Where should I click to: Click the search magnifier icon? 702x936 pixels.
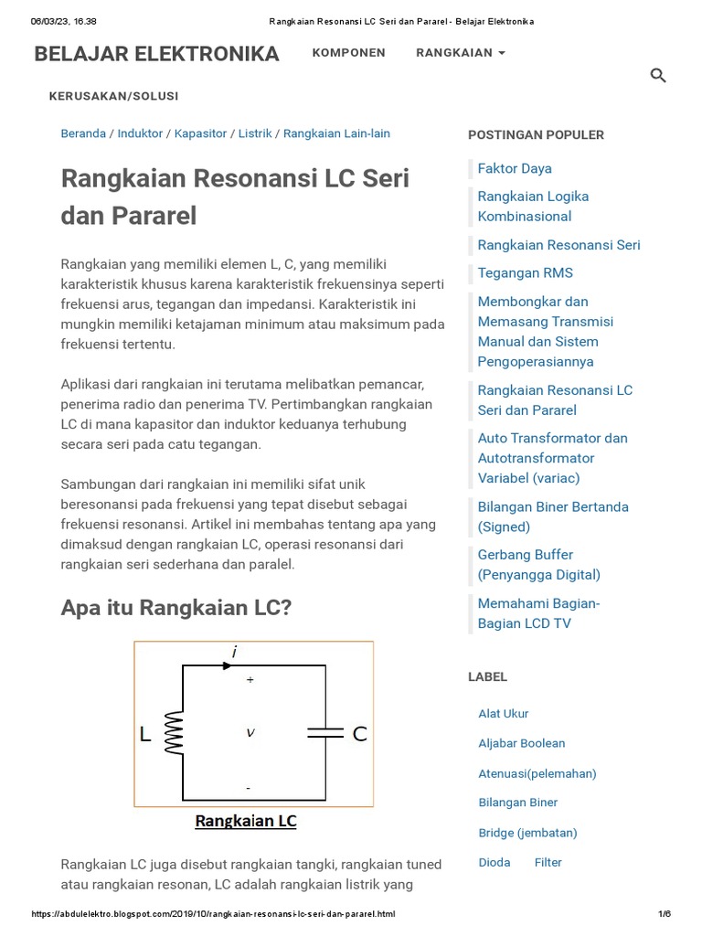tap(657, 76)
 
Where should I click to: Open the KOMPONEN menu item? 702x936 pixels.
tap(348, 53)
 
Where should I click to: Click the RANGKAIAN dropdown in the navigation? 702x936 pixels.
tap(460, 53)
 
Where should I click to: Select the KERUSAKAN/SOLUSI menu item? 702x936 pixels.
tap(113, 96)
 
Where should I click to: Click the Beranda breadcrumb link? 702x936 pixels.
tap(83, 133)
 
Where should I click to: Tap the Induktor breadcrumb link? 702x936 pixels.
tap(140, 133)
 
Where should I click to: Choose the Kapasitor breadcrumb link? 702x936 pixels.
tap(200, 133)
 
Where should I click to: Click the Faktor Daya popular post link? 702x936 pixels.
tap(514, 168)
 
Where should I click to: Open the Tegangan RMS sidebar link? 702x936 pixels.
tap(525, 272)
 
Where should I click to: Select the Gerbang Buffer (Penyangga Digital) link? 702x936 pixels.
tap(538, 565)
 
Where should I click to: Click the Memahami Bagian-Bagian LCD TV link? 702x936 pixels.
tap(538, 613)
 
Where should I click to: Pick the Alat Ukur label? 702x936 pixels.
tap(503, 714)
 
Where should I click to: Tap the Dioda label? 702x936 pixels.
tap(495, 862)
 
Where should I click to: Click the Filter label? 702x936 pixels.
tap(548, 862)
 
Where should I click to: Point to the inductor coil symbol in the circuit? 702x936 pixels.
tap(174, 733)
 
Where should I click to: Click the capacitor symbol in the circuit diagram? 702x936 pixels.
tap(325, 733)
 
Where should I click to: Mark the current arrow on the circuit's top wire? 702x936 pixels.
tap(228, 665)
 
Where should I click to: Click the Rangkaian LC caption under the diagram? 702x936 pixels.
tap(245, 821)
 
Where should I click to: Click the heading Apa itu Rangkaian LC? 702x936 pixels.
tap(175, 607)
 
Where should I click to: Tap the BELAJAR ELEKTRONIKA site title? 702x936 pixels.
tap(156, 55)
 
